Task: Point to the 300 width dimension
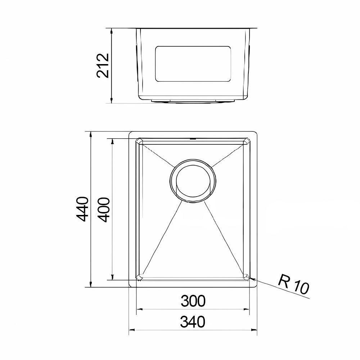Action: pyautogui.click(x=193, y=301)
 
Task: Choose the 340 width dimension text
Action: pyautogui.click(x=193, y=321)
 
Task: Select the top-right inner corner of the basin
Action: pyautogui.click(x=247, y=142)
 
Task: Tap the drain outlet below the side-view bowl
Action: pyautogui.click(x=193, y=102)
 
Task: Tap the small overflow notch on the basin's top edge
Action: pyautogui.click(x=193, y=138)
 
